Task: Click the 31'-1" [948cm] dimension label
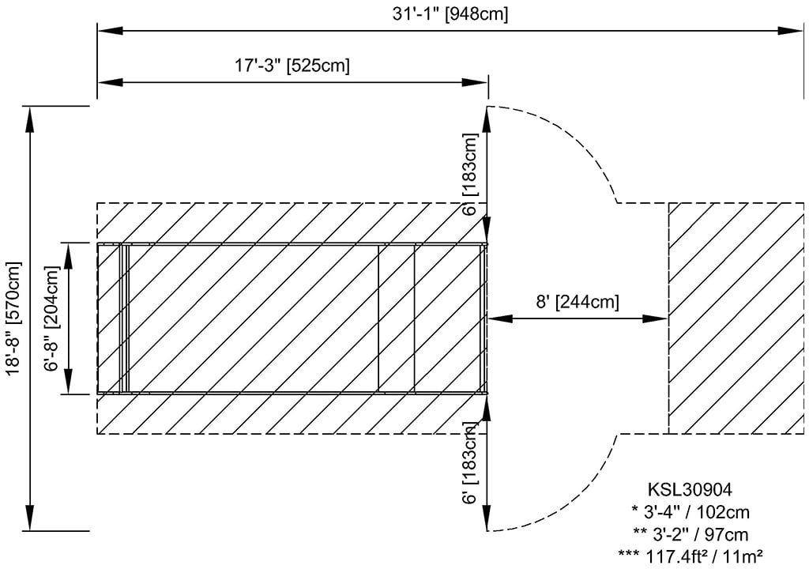click(450, 14)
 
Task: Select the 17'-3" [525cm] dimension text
click(292, 66)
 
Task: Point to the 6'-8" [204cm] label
click(52, 318)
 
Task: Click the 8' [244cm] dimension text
click(578, 301)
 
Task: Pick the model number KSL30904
click(690, 488)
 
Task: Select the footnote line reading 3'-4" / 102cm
click(690, 511)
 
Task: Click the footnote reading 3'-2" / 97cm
click(690, 534)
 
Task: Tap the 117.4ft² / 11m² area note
click(690, 556)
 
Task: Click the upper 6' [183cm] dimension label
click(470, 174)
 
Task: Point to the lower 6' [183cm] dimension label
click(470, 463)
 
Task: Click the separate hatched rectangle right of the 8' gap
click(736, 318)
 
